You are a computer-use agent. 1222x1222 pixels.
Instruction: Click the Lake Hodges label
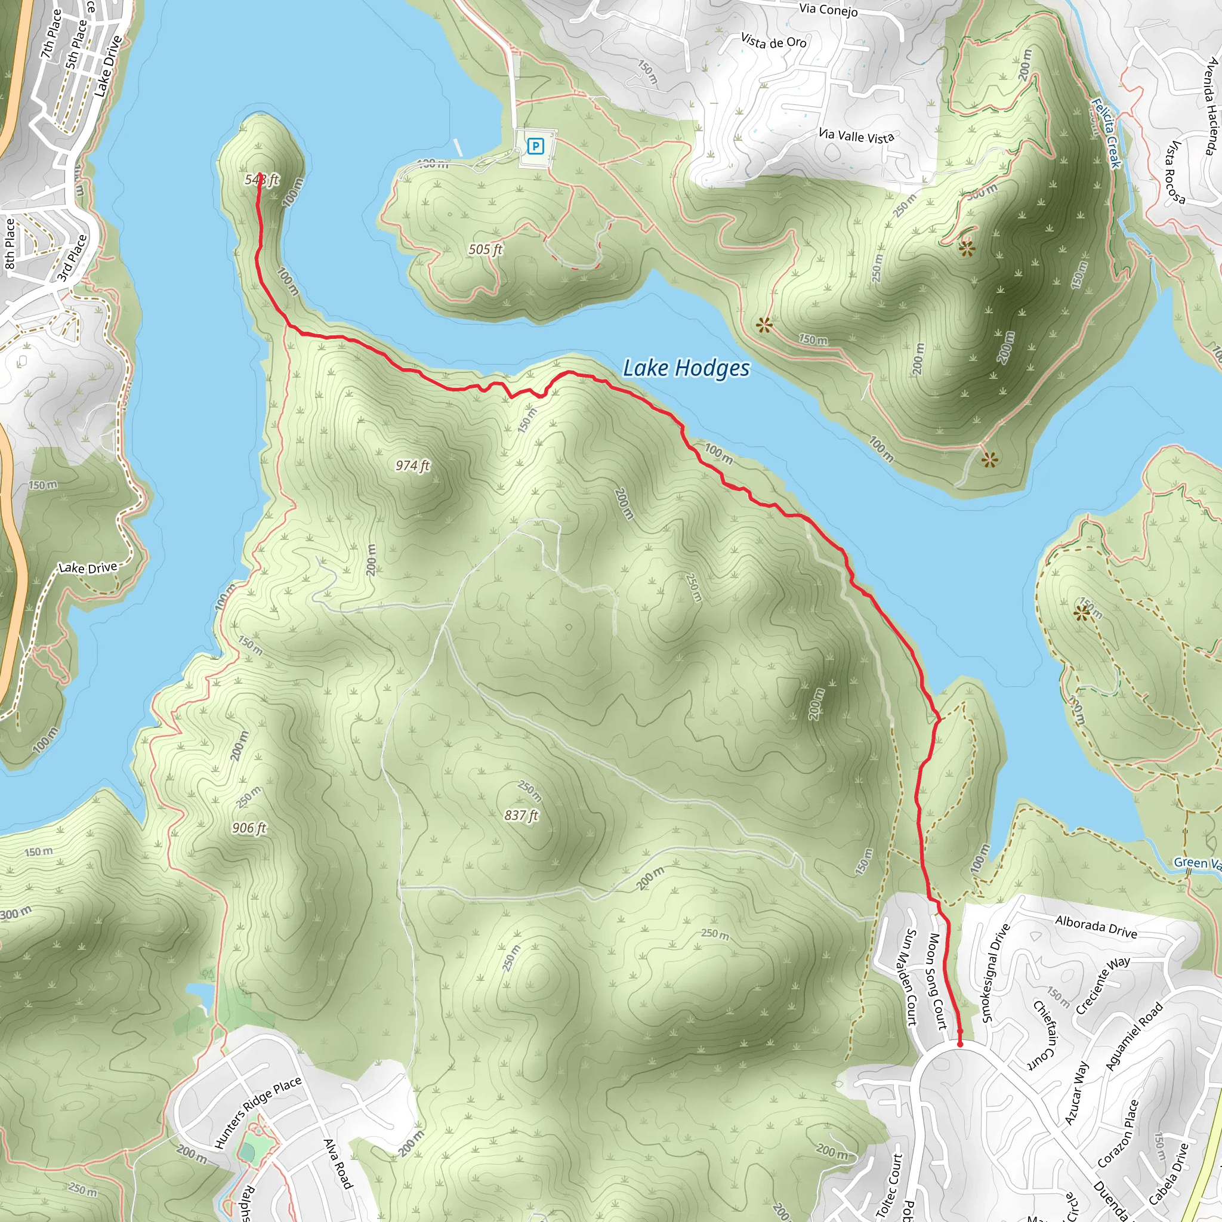point(686,368)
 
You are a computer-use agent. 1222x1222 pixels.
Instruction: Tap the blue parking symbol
point(536,147)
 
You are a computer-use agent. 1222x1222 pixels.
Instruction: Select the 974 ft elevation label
point(412,466)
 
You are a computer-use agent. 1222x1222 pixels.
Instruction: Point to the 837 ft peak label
point(521,815)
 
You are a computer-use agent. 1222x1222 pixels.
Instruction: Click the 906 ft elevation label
point(249,828)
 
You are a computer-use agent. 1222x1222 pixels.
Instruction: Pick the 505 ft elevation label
point(485,250)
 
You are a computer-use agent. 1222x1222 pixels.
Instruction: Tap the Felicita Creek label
point(1106,134)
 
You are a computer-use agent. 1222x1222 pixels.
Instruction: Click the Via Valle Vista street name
point(856,136)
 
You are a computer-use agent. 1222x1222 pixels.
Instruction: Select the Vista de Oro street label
point(773,42)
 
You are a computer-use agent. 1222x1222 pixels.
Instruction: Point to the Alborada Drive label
point(1096,927)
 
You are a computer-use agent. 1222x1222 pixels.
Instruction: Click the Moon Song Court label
point(937,981)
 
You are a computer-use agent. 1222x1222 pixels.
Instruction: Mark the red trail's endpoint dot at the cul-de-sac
point(960,1044)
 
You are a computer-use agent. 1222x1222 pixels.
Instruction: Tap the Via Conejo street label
point(829,10)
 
